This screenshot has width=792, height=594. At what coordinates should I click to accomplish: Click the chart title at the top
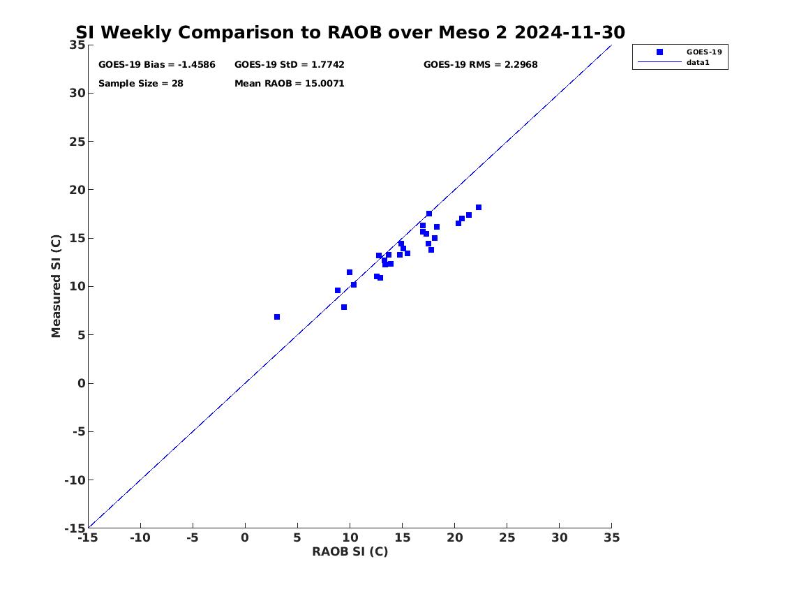350,32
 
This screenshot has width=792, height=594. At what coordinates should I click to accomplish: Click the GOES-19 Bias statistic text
157,65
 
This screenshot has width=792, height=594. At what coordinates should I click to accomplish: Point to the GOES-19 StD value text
290,65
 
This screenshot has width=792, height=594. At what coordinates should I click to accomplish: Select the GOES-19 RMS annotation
480,65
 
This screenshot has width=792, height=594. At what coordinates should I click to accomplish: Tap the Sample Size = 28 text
141,84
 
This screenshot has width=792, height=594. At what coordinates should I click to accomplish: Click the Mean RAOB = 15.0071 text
290,84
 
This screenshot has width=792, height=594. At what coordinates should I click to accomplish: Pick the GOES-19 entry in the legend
703,52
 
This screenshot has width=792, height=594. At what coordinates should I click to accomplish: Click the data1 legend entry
698,63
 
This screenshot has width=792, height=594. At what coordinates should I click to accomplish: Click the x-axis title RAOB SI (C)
350,551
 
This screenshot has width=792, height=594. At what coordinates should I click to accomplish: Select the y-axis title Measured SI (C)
57,286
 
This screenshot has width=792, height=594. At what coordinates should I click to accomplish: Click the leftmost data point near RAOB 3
277,317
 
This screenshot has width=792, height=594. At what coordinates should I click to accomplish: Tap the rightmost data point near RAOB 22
479,207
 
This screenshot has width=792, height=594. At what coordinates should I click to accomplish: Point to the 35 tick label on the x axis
611,537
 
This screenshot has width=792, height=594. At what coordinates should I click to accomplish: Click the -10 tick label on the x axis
140,537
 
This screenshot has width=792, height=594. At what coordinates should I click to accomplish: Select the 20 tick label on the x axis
454,537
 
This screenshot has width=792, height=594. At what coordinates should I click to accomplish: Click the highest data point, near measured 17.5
429,214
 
